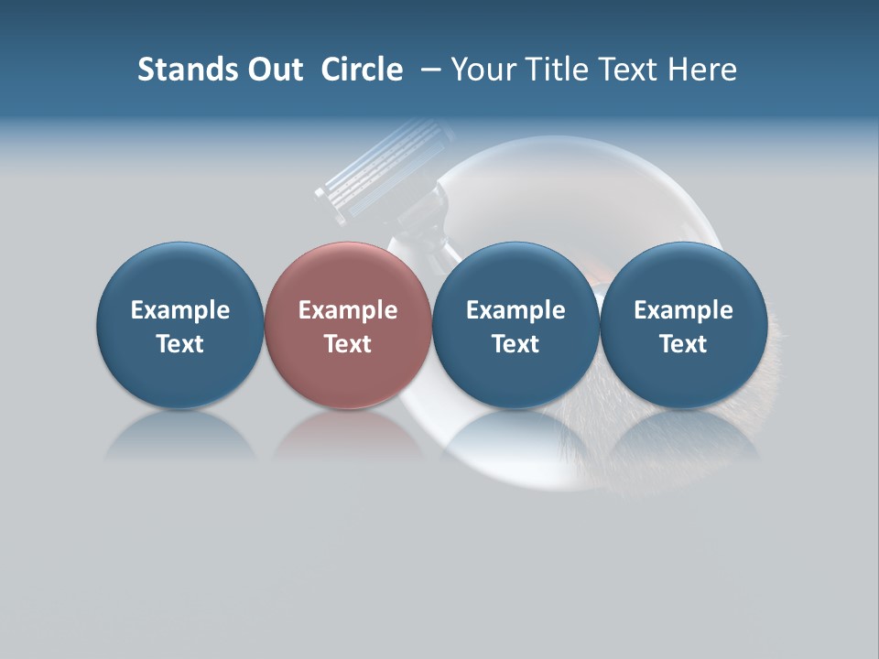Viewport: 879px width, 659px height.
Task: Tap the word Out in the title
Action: (x=273, y=70)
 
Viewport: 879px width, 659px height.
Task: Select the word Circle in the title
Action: (x=362, y=70)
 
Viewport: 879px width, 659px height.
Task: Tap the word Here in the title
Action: (x=702, y=70)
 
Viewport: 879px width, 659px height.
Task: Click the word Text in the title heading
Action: (x=631, y=70)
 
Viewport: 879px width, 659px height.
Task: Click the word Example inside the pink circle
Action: (x=348, y=310)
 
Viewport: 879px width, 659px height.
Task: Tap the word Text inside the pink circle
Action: (x=348, y=344)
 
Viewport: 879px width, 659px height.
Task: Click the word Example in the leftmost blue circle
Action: (x=180, y=310)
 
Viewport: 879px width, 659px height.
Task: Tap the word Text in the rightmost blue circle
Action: (x=683, y=344)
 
